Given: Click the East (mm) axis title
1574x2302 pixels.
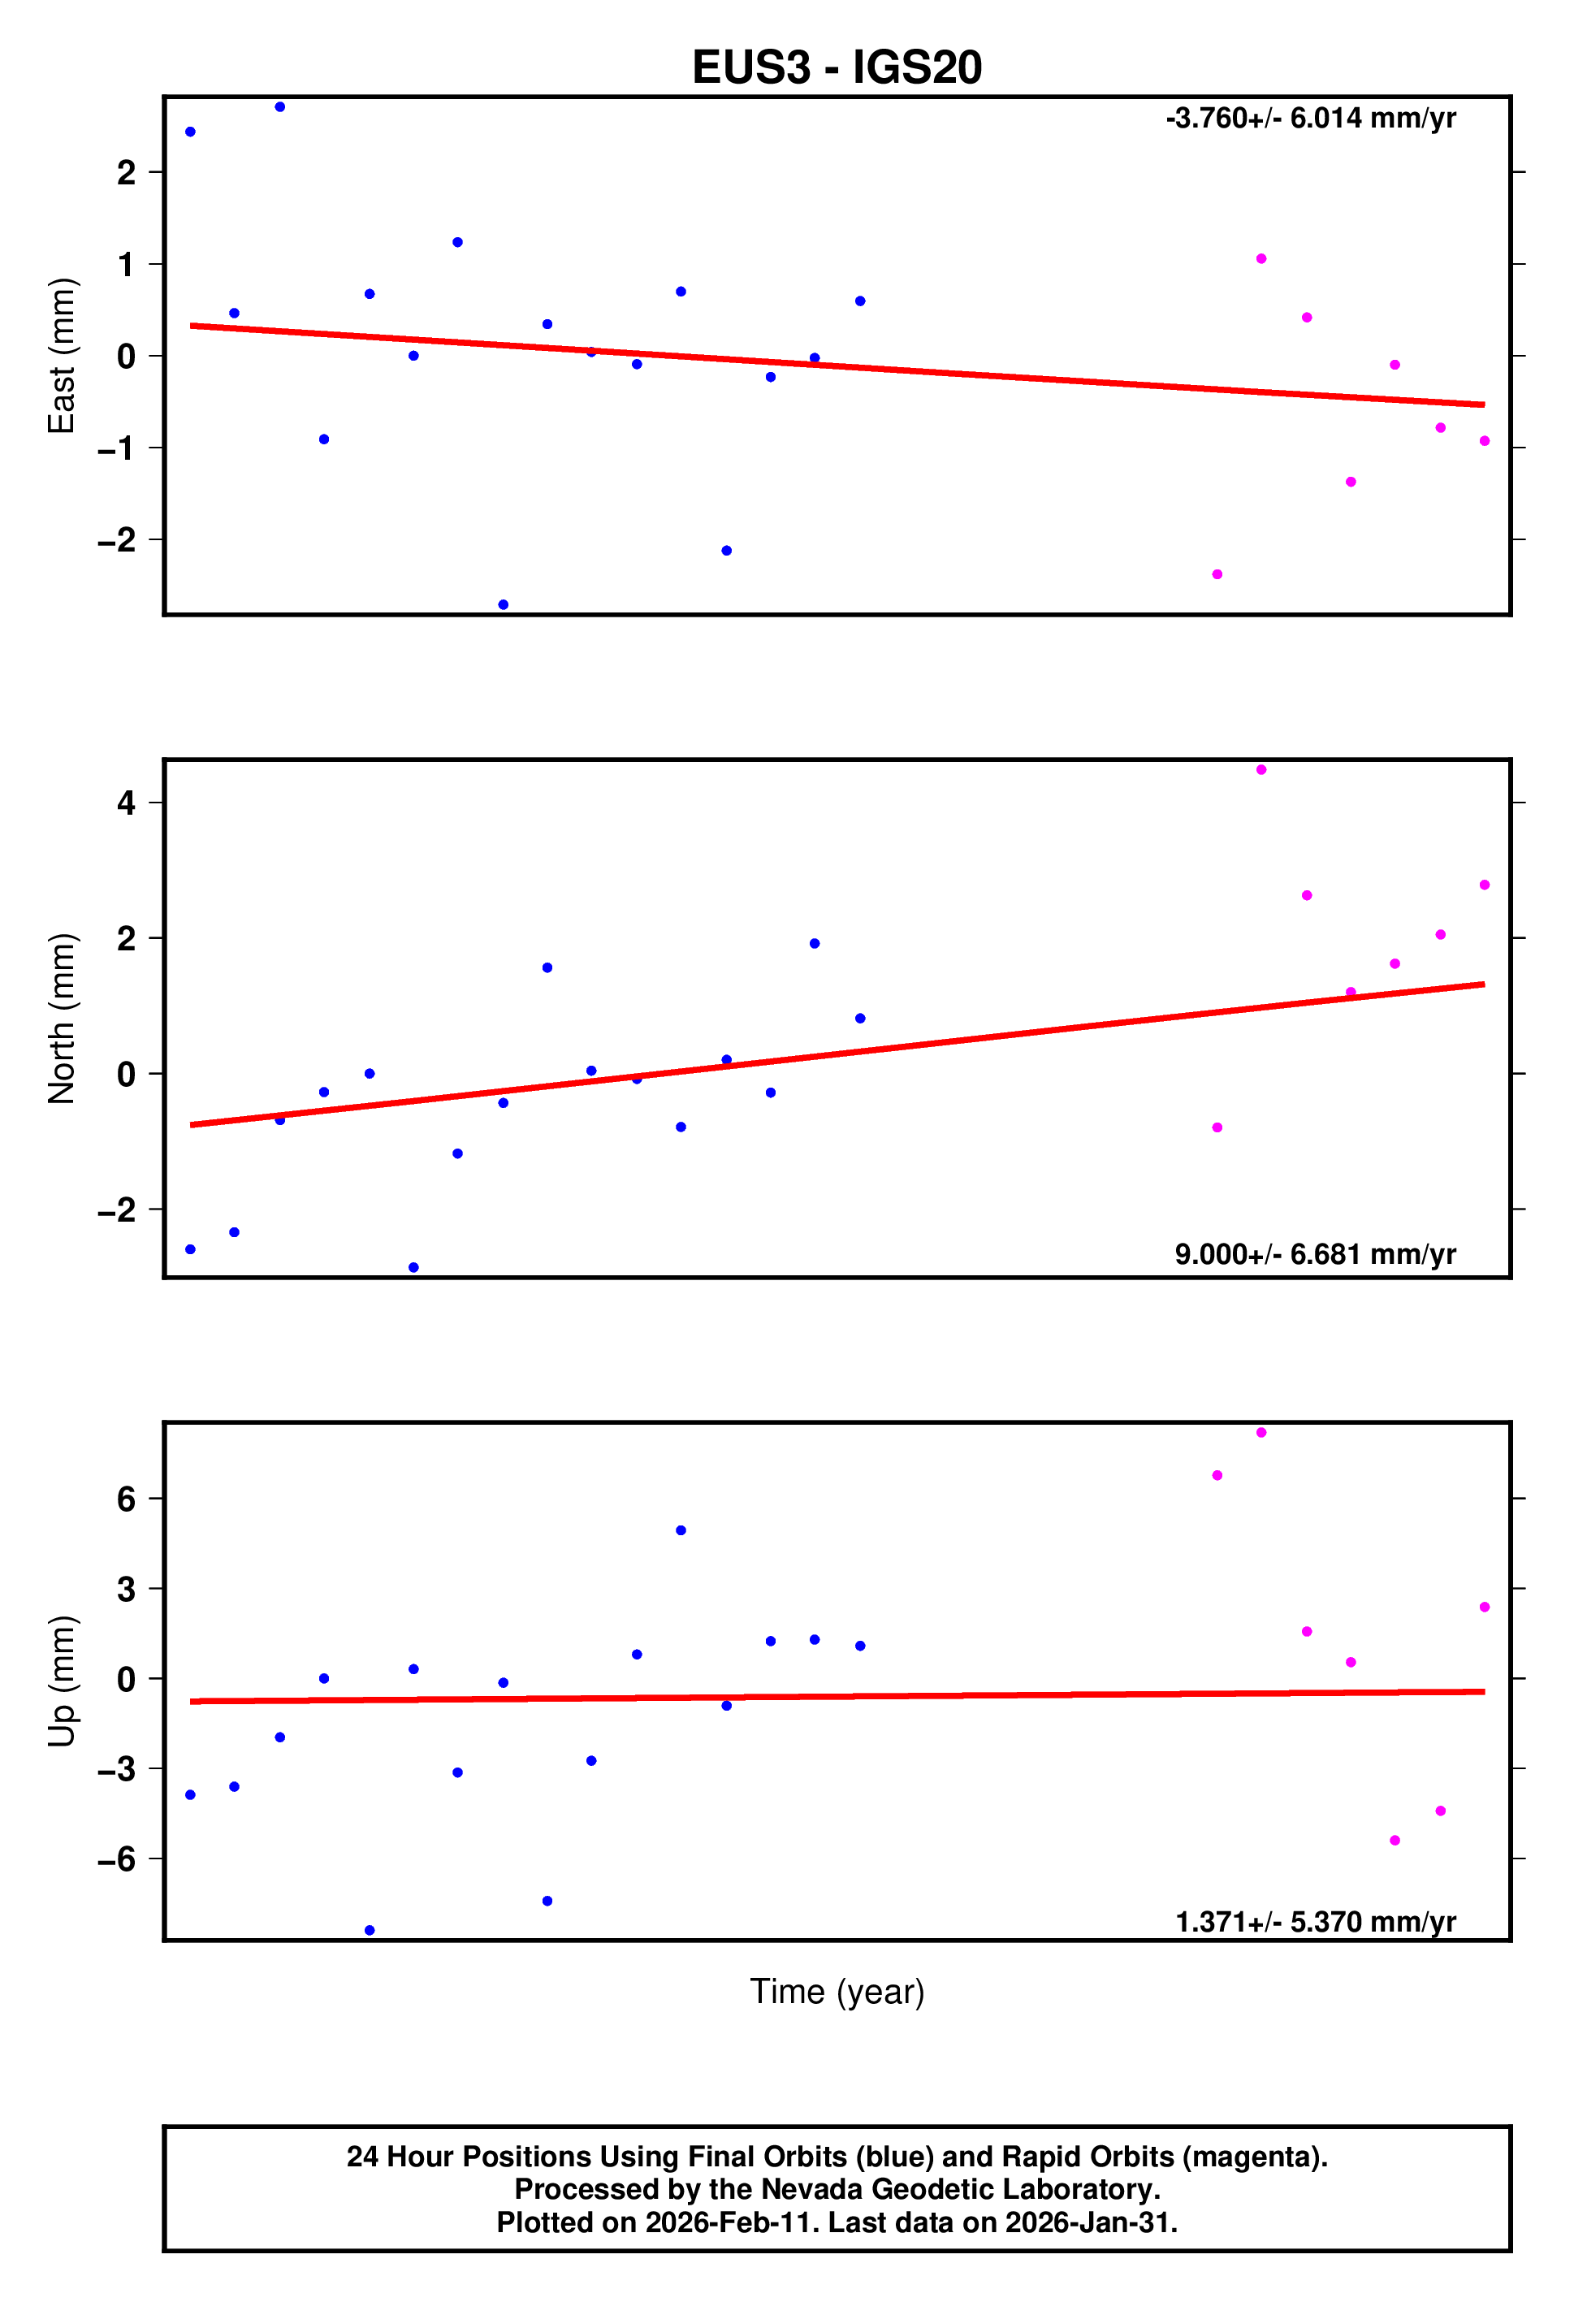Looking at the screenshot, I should click(62, 356).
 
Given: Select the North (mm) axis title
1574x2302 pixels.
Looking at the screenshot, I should click(62, 1019).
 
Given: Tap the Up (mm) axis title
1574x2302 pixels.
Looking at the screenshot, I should click(62, 1681).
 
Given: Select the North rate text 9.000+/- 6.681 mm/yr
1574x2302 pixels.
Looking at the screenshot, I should click(1314, 1254).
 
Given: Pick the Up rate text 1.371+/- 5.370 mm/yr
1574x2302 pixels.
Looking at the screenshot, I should click(1314, 1922).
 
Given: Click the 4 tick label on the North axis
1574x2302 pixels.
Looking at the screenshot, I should click(126, 803).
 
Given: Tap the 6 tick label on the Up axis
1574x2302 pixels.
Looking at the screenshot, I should click(126, 1499).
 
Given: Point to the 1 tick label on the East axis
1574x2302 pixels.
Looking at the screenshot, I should click(126, 265).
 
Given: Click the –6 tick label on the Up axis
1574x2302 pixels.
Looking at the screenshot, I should click(117, 1858).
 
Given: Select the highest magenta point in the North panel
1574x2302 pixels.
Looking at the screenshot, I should click(1261, 770).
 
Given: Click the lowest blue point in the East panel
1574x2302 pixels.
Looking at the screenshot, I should click(504, 604).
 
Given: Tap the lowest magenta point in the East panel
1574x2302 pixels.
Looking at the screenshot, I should click(1217, 574).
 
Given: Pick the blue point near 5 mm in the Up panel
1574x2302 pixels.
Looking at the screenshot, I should click(681, 1530).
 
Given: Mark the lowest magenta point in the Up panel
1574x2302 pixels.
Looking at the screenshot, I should click(1395, 1841).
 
